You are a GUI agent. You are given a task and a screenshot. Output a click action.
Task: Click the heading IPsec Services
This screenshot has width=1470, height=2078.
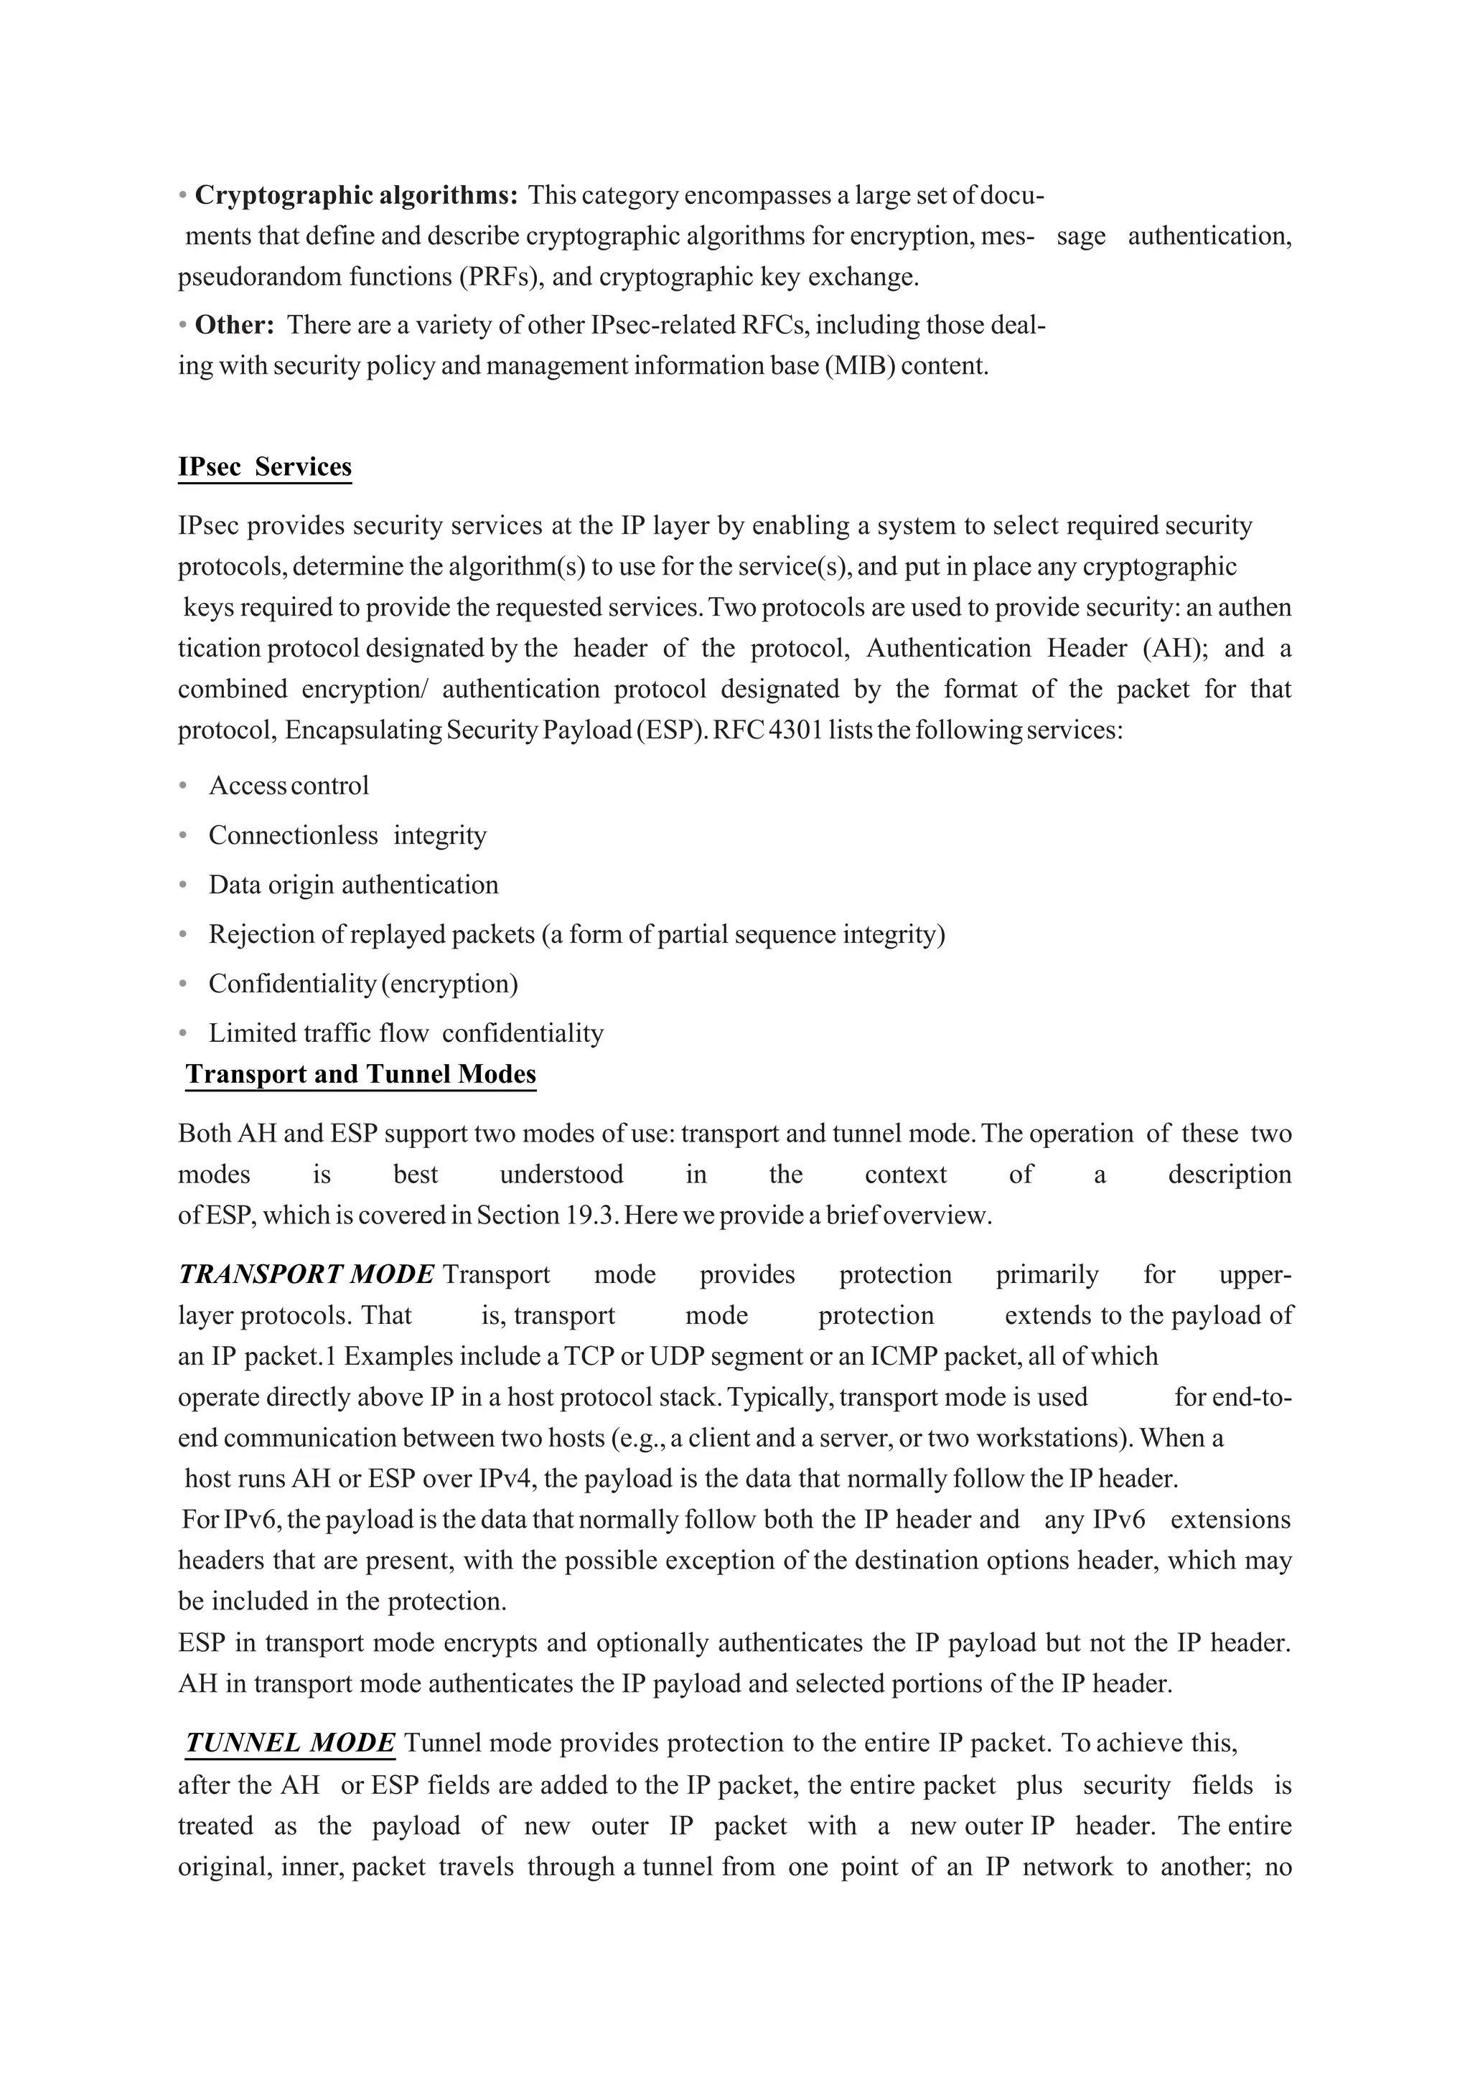pyautogui.click(x=264, y=467)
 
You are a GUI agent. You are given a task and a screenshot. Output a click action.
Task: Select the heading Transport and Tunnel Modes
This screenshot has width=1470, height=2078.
pyautogui.click(x=360, y=1074)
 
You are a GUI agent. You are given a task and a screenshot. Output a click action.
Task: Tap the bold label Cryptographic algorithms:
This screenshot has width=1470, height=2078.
pyautogui.click(x=356, y=194)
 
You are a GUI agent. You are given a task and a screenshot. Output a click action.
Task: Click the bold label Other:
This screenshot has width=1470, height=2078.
pyautogui.click(x=235, y=325)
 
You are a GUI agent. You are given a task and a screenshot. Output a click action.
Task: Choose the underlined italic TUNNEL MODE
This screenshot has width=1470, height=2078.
pyautogui.click(x=290, y=1742)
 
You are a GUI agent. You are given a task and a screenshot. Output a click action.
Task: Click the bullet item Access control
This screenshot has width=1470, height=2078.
pyautogui.click(x=288, y=786)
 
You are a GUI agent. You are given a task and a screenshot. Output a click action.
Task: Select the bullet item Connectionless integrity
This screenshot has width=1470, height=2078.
pyautogui.click(x=347, y=835)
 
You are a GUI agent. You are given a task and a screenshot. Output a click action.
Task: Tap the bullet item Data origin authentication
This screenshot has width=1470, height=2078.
pyautogui.click(x=353, y=885)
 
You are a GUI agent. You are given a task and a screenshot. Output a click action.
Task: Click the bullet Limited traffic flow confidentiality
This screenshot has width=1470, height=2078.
pyautogui.click(x=405, y=1033)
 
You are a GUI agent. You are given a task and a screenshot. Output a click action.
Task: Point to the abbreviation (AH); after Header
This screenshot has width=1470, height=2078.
pyautogui.click(x=1175, y=648)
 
